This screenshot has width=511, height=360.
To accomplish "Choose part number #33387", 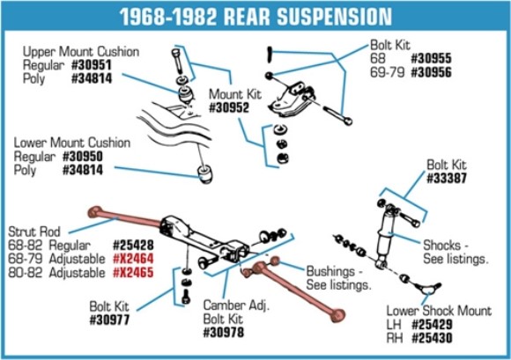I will point(450,177).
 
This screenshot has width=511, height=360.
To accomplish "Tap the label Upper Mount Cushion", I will point(81,51).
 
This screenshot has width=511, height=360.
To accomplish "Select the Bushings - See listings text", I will point(338,278).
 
